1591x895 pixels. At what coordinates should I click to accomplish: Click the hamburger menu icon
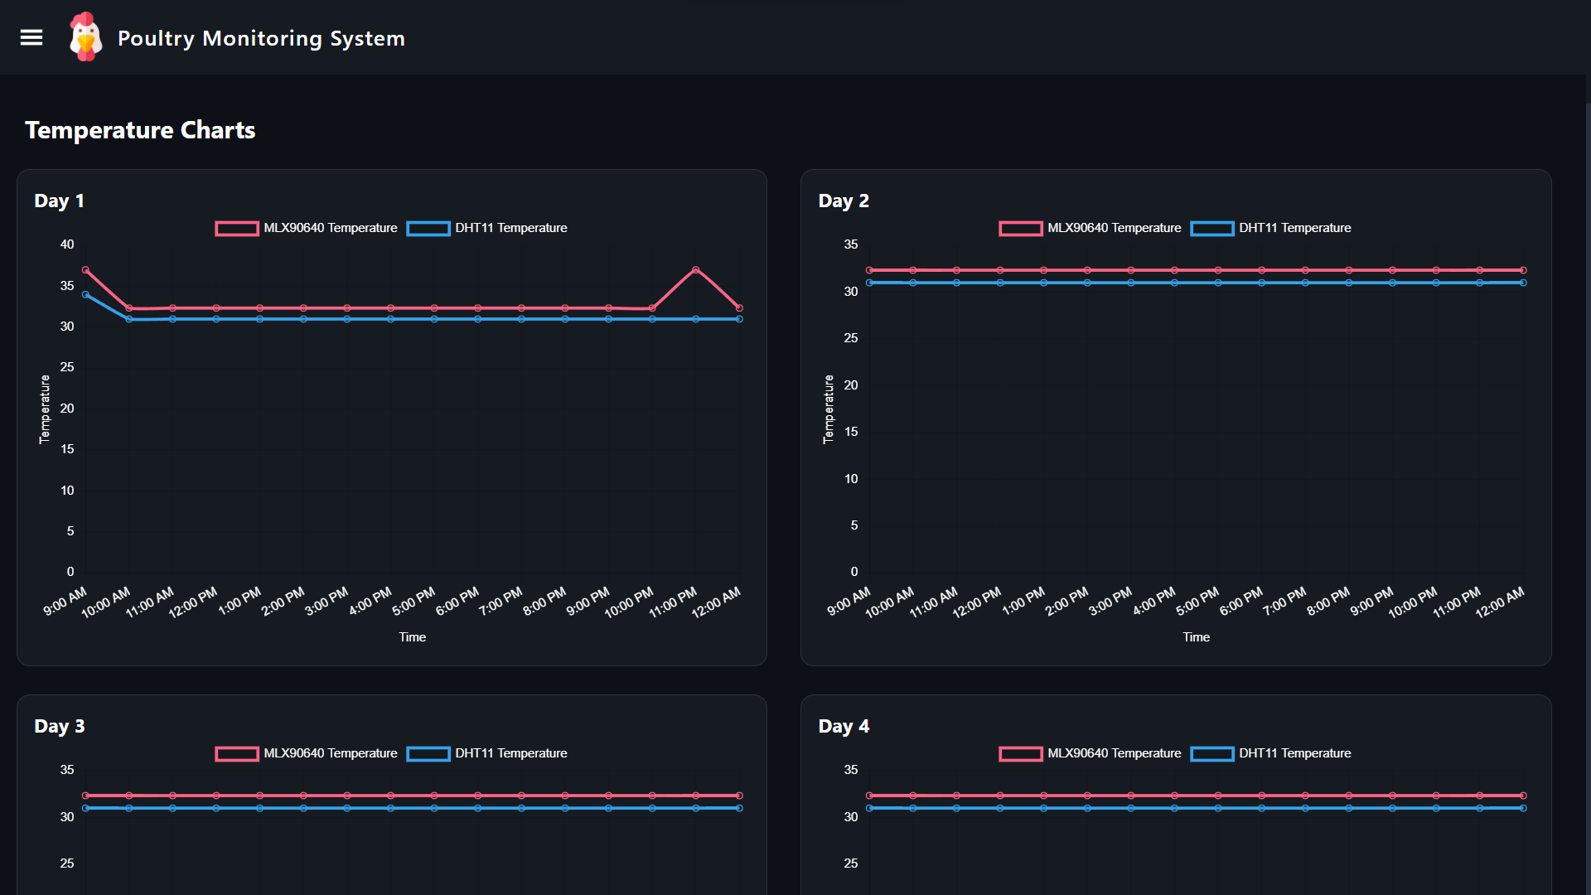tap(31, 37)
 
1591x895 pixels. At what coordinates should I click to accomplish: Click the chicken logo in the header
tap(85, 37)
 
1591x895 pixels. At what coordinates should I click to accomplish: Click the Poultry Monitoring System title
tap(261, 38)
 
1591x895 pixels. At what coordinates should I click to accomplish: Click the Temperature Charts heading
tap(140, 130)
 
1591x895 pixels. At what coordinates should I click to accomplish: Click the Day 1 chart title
tap(59, 201)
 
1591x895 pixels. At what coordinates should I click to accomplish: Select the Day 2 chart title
tap(843, 201)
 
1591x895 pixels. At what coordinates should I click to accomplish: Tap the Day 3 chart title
tap(59, 726)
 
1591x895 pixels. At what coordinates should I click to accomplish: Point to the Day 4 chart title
tap(843, 726)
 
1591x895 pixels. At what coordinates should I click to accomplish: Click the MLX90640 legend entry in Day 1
tap(307, 228)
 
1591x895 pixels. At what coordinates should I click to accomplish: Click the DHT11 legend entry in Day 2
tap(1270, 228)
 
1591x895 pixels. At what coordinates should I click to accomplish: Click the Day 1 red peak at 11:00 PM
tap(695, 270)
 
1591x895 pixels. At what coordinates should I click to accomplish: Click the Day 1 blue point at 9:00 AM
tap(85, 294)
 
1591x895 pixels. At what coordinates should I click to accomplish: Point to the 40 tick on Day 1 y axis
tap(67, 244)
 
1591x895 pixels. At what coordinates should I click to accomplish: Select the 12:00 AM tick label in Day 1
tap(716, 602)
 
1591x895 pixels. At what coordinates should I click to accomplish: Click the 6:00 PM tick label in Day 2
tap(1240, 602)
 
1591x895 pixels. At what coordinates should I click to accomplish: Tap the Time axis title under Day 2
tap(1196, 637)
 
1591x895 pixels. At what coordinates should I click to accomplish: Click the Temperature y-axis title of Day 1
tap(45, 409)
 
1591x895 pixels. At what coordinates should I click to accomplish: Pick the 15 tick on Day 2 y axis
tap(851, 432)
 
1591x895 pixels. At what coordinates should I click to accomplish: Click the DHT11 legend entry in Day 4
tap(1270, 753)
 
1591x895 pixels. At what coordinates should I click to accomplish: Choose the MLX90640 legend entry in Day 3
tap(307, 753)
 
